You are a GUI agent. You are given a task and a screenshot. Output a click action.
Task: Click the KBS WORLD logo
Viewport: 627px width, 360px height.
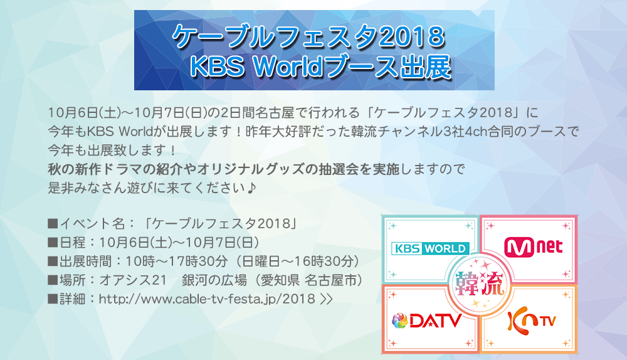(x=430, y=248)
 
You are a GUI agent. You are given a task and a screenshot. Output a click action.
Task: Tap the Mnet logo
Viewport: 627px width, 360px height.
(x=533, y=248)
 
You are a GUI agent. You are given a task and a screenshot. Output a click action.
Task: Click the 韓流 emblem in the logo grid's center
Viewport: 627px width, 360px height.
(x=480, y=284)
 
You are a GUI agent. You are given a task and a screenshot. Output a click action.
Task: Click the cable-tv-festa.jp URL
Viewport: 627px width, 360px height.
(x=207, y=299)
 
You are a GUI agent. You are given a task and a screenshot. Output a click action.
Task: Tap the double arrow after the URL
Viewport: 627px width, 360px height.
(x=326, y=299)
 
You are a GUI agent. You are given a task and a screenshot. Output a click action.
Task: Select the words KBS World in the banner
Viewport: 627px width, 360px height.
(x=256, y=66)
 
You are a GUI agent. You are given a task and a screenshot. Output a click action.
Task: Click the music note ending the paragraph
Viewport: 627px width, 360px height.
(x=251, y=188)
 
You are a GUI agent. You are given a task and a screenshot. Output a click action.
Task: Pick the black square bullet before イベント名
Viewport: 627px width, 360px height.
(x=53, y=223)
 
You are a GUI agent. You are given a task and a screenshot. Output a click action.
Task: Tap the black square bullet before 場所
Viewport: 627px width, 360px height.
(x=53, y=280)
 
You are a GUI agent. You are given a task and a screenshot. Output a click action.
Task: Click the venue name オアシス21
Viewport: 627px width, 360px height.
(x=133, y=280)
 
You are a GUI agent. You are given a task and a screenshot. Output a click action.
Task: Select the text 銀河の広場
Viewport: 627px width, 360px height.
(x=214, y=280)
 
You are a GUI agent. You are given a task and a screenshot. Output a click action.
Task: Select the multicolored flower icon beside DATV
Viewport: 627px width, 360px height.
(x=399, y=320)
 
